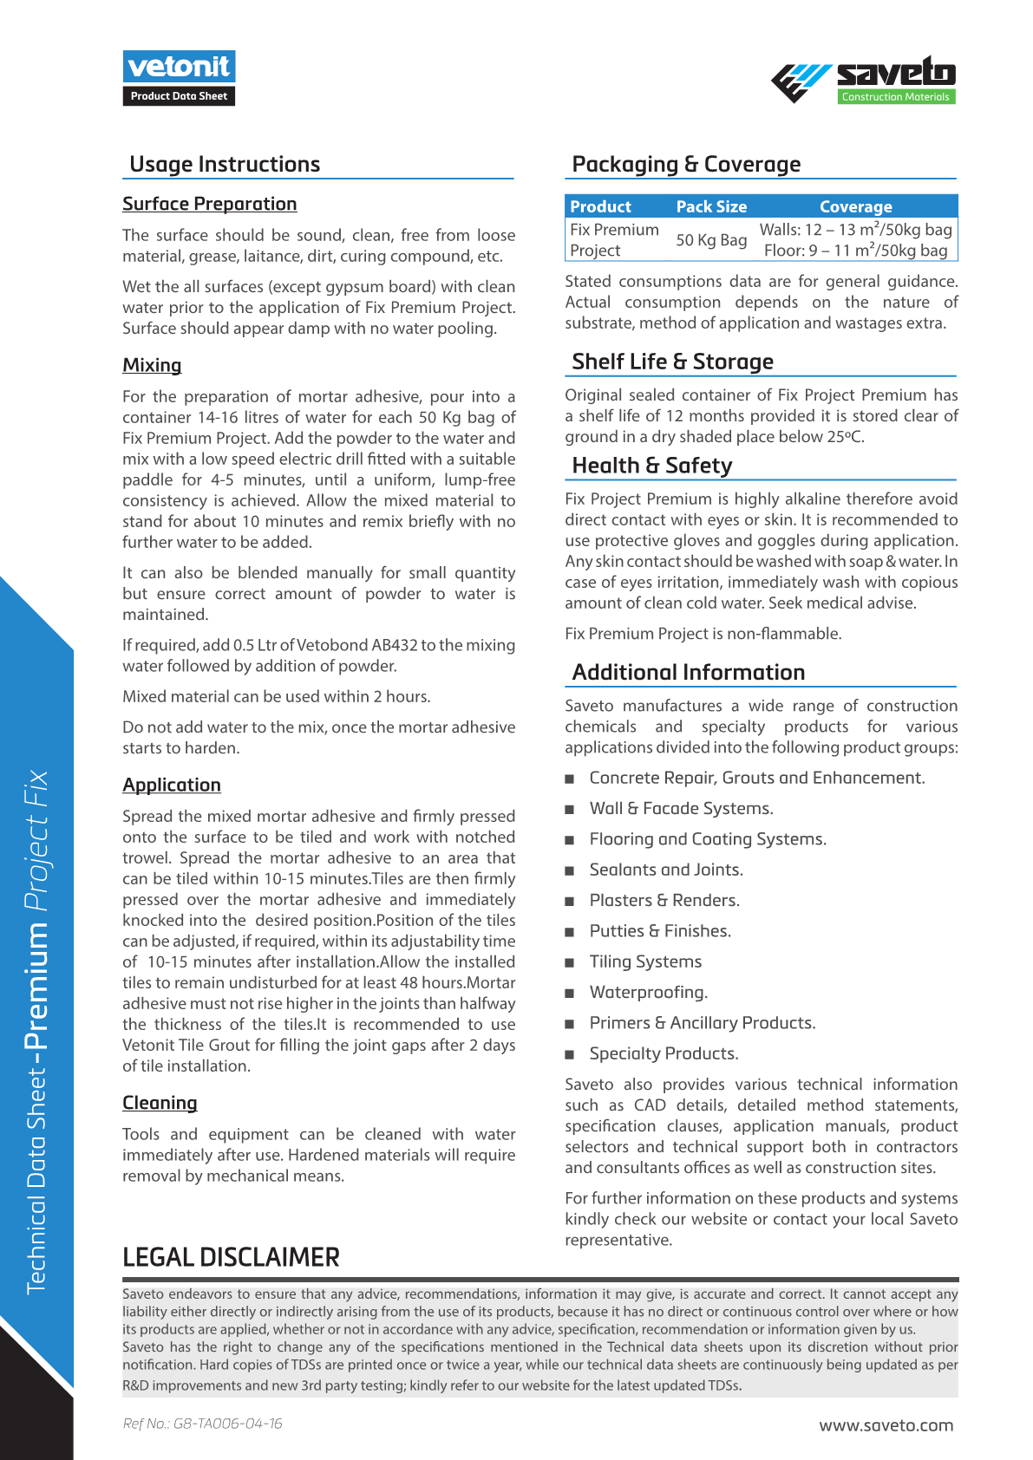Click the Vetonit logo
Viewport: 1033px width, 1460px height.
point(179,68)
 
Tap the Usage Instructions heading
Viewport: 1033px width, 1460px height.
point(225,165)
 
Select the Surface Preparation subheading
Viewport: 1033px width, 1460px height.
point(209,204)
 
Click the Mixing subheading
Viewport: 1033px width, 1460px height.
point(152,365)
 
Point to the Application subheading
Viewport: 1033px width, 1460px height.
point(172,785)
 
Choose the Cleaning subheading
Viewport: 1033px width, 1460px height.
point(160,1103)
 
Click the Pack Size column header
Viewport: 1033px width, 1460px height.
point(711,206)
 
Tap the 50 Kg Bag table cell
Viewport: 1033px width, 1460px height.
point(711,240)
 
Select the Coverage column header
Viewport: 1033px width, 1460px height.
point(855,206)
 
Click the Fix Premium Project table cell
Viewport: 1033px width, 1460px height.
point(614,240)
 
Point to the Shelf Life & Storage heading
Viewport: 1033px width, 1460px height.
point(672,362)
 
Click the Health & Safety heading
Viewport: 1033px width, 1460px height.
point(651,466)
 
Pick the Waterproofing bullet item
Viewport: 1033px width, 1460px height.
point(648,992)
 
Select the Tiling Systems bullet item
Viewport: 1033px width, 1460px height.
point(645,961)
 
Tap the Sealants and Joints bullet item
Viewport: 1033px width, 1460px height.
point(665,870)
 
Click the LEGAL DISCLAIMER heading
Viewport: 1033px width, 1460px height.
point(231,1257)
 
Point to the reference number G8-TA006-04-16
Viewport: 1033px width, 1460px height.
point(202,1424)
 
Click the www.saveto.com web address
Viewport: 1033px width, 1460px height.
point(886,1425)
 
